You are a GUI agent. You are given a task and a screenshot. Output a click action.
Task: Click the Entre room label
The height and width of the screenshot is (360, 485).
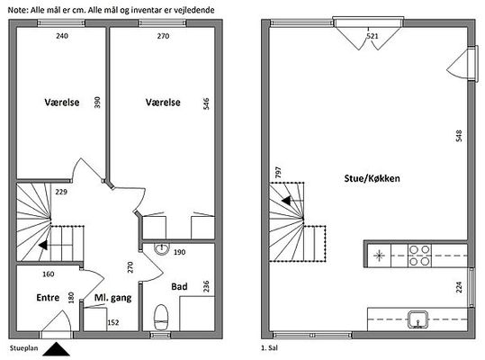click(x=48, y=297)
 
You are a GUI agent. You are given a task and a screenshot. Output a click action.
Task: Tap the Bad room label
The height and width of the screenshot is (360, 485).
click(x=179, y=286)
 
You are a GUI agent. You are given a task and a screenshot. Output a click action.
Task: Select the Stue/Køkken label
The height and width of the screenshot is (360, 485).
click(x=372, y=178)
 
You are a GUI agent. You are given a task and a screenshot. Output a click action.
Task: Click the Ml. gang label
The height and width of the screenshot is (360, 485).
click(x=112, y=298)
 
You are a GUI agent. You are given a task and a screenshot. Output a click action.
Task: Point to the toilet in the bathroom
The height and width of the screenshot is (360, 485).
click(x=161, y=318)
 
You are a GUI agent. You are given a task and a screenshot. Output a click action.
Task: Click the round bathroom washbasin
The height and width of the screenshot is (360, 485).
click(x=161, y=248)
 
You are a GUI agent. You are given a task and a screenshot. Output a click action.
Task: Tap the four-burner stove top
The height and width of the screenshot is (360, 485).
click(x=419, y=256)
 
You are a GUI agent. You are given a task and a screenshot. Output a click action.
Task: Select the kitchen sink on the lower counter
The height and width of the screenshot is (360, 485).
click(x=418, y=319)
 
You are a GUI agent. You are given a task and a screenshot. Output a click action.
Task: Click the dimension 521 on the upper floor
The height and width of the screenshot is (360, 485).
click(x=373, y=36)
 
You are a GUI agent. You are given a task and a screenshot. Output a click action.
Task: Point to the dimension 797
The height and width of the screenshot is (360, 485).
click(x=278, y=172)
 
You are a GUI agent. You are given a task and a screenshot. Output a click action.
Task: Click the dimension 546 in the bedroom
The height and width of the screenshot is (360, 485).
click(x=206, y=103)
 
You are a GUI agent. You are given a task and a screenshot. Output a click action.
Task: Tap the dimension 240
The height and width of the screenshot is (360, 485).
click(x=62, y=36)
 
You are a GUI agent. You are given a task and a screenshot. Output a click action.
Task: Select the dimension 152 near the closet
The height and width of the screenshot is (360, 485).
click(x=113, y=322)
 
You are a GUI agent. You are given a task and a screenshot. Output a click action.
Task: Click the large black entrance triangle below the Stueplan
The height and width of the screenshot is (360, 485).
click(x=56, y=349)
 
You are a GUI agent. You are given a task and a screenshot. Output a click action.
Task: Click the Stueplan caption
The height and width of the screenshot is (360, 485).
click(x=23, y=348)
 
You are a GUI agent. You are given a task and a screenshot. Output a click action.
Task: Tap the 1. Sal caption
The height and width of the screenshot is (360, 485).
click(x=269, y=348)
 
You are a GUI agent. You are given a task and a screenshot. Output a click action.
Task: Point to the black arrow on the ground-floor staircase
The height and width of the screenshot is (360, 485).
click(x=43, y=245)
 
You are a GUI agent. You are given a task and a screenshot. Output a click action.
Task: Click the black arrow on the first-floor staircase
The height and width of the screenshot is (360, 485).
click(x=286, y=201)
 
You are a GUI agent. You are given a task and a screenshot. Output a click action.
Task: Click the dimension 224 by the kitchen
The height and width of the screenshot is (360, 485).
click(x=459, y=287)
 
